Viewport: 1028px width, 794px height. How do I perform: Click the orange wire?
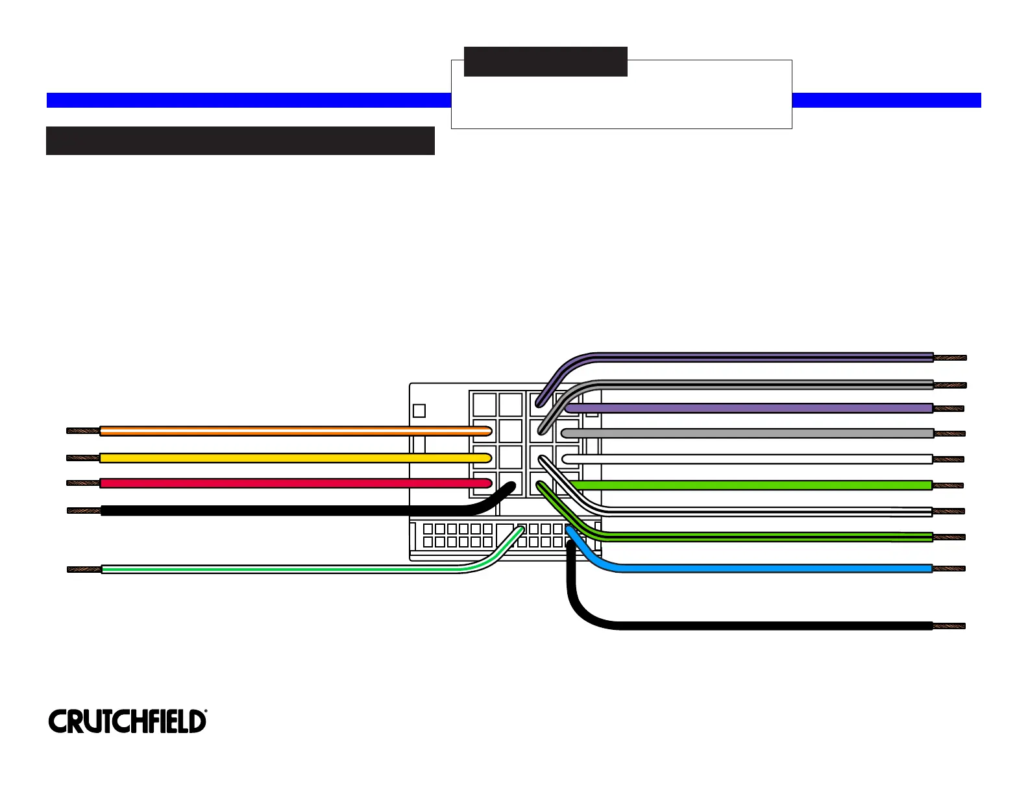tap(286, 431)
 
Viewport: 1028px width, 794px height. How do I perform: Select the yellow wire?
tap(286, 457)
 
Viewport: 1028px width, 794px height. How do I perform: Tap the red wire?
tap(286, 483)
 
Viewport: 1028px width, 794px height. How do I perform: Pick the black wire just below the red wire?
tap(286, 511)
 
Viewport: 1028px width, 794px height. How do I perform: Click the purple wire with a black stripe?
tap(766, 357)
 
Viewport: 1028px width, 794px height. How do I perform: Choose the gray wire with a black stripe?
tap(766, 384)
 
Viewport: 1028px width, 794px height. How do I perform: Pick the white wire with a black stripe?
tap(766, 511)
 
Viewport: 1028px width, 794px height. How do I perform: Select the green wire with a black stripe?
tap(766, 536)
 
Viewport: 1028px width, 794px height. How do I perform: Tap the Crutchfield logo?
tap(127, 721)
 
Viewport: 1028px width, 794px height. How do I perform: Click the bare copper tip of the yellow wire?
tap(83, 457)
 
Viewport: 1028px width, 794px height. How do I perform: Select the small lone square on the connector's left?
tap(419, 411)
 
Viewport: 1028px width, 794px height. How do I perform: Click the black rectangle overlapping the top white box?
tap(545, 62)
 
